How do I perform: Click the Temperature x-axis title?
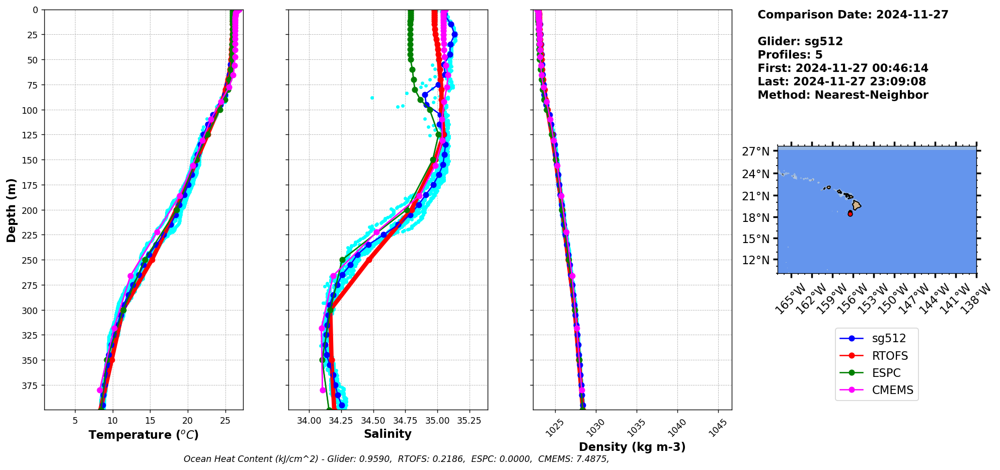coord(143,435)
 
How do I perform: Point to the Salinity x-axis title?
coord(388,434)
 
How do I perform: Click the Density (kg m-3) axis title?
coord(632,447)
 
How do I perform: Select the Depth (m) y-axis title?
coord(12,210)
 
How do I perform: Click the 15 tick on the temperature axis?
coord(150,420)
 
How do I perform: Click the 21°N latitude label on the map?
coord(756,196)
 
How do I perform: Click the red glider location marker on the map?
coord(850,214)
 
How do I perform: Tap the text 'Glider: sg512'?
coord(800,41)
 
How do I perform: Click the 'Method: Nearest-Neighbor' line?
coord(842,95)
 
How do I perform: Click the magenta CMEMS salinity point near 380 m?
coord(323,390)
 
